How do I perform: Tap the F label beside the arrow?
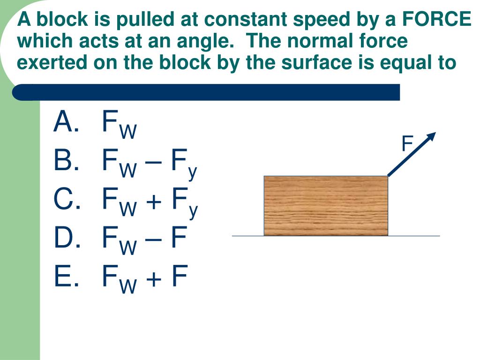407,144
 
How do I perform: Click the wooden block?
326,205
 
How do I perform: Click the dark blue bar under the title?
206,92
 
